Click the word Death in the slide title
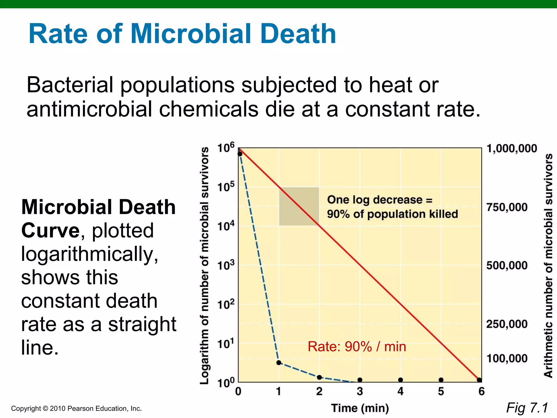pos(298,34)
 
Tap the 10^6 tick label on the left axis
pos(225,148)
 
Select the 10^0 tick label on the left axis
pos(225,383)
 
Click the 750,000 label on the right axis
pos(507,207)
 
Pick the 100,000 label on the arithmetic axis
pos(507,358)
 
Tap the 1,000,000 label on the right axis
pos(512,149)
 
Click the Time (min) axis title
pos(360,408)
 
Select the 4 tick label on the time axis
pos(400,392)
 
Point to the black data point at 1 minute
pos(278,362)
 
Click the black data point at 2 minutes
pos(319,377)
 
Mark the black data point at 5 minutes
pos(441,380)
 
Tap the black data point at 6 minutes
pos(479,380)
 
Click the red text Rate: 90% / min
pos(357,347)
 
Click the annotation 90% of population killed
pos(392,214)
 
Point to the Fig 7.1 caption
pos(527,408)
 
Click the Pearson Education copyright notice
pos(76,408)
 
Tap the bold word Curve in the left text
pos(50,230)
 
